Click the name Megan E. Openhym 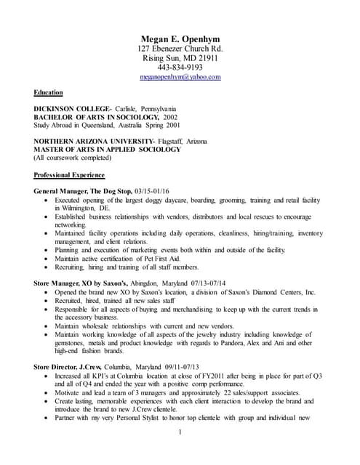[x=180, y=39]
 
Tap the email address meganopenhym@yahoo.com [x=180, y=76]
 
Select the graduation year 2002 [x=169, y=116]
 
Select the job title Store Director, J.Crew [x=71, y=367]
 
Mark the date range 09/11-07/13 [x=188, y=367]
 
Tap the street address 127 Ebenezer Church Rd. [x=180, y=48]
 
